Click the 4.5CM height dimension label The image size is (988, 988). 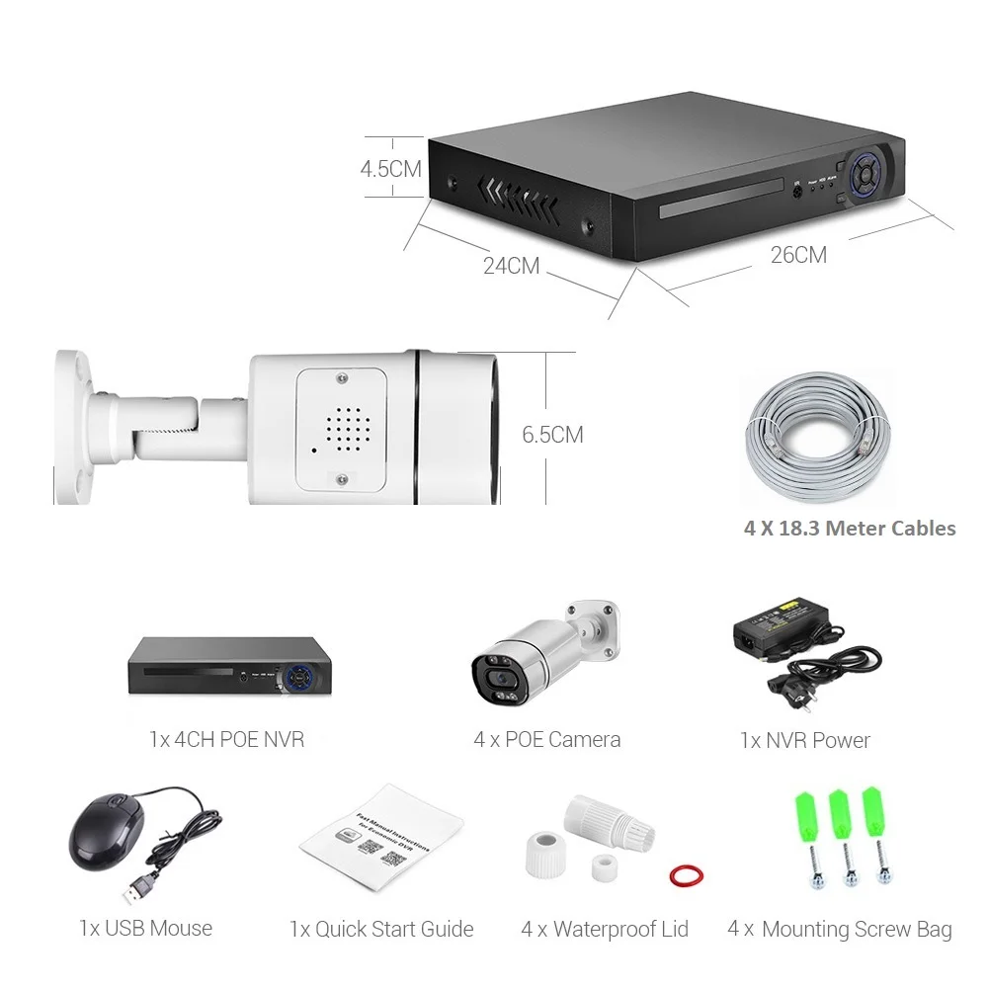[390, 168]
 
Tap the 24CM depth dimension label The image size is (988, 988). [511, 266]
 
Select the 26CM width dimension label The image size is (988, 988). [798, 255]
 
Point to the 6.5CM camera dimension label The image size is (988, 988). [552, 434]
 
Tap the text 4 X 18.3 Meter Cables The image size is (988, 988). [850, 529]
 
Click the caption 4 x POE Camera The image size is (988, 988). [547, 739]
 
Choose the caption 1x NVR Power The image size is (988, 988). [804, 740]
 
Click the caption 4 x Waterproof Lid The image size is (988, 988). [605, 930]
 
